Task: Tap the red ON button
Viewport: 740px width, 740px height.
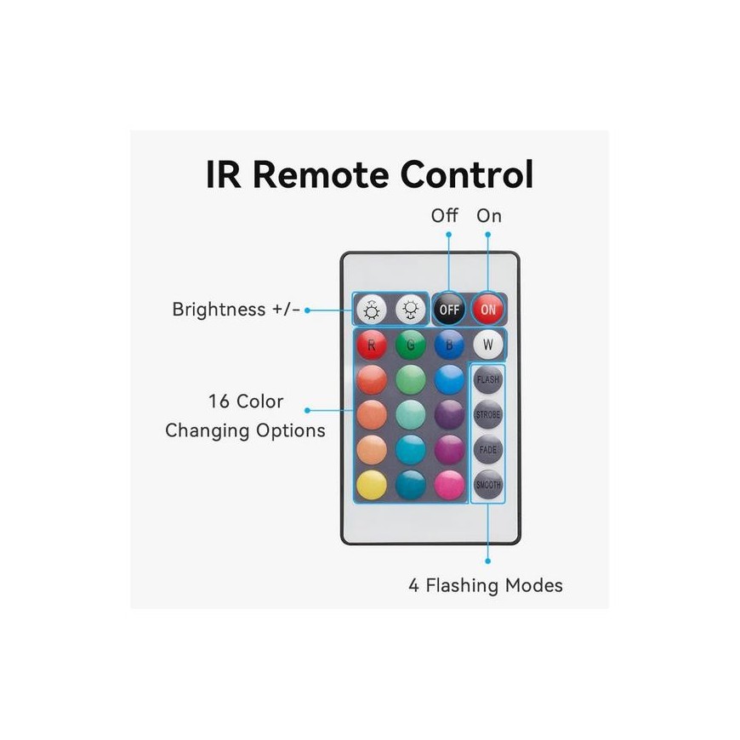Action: (x=488, y=309)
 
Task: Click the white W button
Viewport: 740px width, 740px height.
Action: (x=488, y=344)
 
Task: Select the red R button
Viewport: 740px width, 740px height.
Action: (x=372, y=344)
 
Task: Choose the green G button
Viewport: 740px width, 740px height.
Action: (x=411, y=344)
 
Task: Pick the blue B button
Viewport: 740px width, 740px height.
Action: (x=449, y=344)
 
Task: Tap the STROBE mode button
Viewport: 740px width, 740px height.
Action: (x=488, y=415)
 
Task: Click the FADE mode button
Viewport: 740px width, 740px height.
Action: (x=488, y=450)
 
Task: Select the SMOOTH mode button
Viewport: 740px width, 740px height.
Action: (x=488, y=485)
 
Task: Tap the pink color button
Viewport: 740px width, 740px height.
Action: (x=449, y=485)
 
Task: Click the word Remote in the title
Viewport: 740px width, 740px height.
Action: (x=321, y=174)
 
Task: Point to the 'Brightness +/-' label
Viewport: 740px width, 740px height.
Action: (x=236, y=310)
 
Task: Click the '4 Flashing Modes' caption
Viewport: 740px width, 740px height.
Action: (x=486, y=585)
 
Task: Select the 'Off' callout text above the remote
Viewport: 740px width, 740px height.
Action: (x=444, y=216)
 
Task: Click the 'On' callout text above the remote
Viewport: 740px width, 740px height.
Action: (x=489, y=216)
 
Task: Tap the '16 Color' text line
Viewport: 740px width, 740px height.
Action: (x=246, y=401)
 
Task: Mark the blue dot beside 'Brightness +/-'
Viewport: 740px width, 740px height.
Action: (x=307, y=310)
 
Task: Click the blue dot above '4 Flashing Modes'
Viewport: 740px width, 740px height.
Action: (x=487, y=561)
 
